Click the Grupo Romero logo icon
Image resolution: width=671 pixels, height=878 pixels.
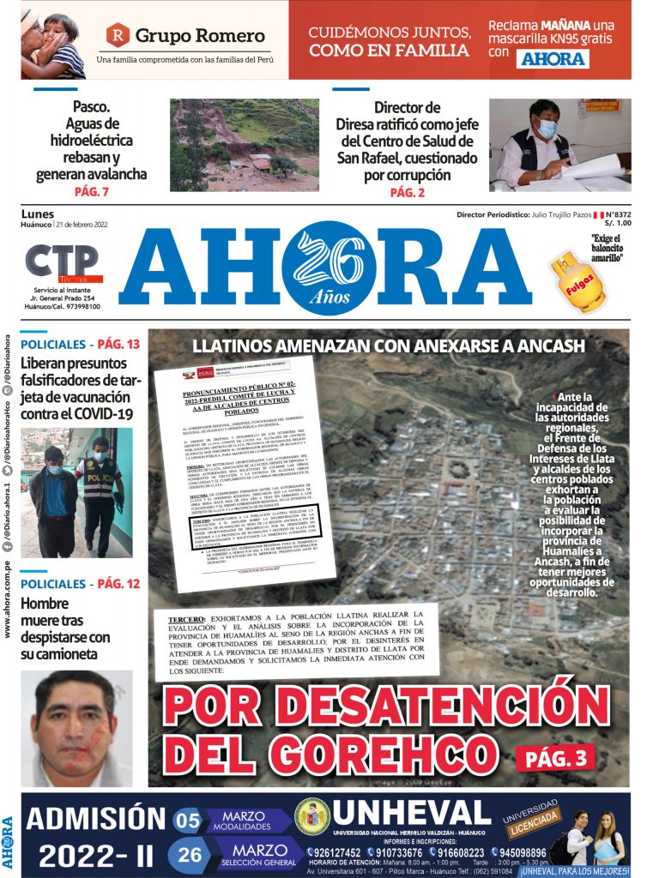(x=118, y=36)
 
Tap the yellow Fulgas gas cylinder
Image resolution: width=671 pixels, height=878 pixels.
(x=579, y=284)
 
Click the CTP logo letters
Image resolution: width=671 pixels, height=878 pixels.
(x=61, y=262)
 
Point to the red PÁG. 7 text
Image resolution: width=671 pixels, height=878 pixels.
(x=91, y=192)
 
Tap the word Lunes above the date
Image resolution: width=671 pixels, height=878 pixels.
(x=37, y=214)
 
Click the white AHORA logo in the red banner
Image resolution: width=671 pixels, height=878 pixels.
(x=553, y=58)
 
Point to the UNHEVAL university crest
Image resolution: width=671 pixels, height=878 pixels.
(x=311, y=815)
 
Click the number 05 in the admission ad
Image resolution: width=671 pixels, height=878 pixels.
(x=187, y=821)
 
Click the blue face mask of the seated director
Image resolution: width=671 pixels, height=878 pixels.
(x=547, y=129)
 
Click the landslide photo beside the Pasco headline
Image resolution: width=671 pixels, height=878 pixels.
(x=244, y=145)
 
